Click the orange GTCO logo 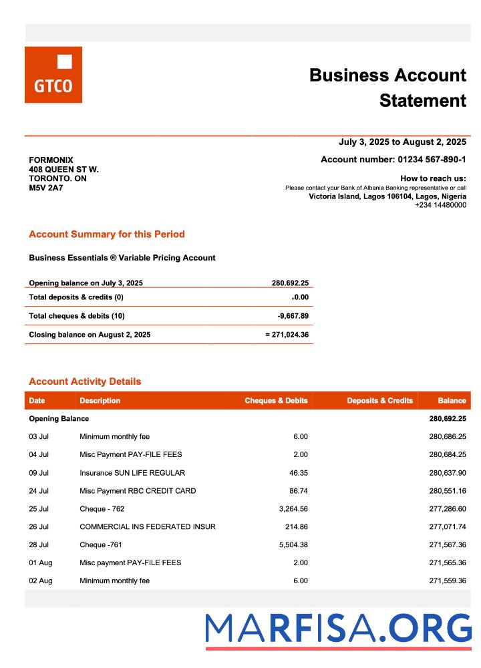(53, 75)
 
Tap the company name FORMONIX (51, 160)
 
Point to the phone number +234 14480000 (440, 205)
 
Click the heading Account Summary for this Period (107, 234)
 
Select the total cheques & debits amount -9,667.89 (293, 316)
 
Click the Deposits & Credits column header (379, 401)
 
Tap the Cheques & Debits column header (276, 401)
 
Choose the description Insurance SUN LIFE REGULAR (132, 473)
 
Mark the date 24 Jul (39, 491)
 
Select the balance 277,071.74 (448, 527)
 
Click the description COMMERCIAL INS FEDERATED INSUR (148, 527)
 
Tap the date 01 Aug (40, 563)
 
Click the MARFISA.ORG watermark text (338, 629)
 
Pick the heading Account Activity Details (85, 382)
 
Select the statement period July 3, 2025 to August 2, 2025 (402, 142)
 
